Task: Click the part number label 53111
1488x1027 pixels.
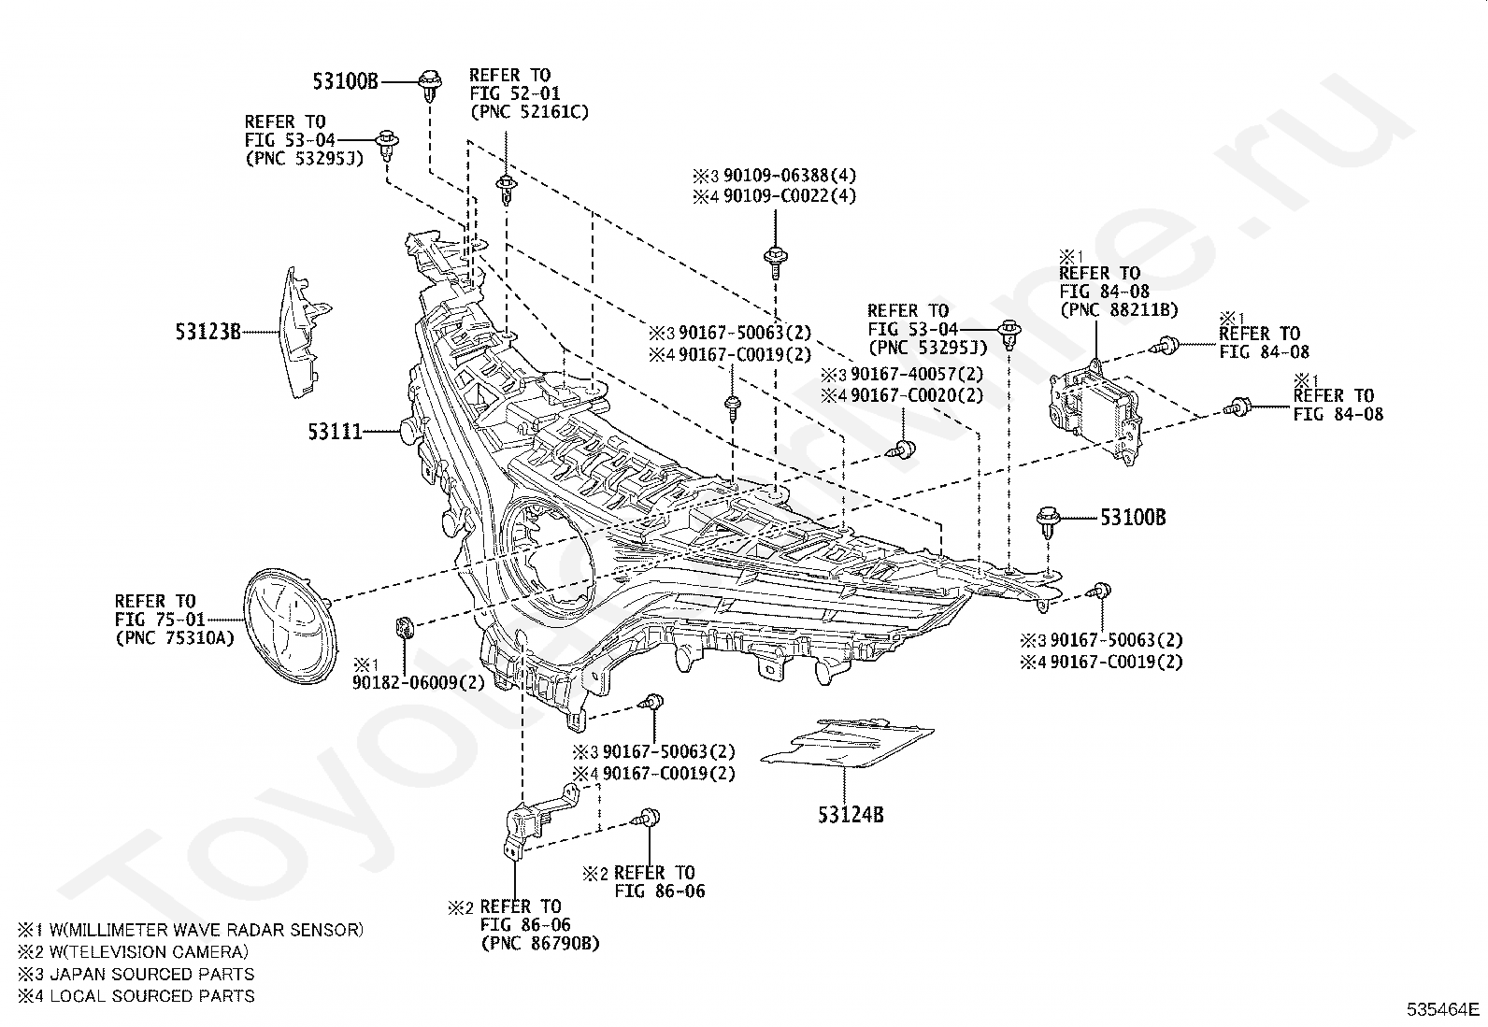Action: coord(335,433)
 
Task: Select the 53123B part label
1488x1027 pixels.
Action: coord(207,332)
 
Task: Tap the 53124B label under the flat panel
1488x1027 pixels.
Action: coord(851,815)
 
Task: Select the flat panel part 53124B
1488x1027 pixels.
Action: coord(848,743)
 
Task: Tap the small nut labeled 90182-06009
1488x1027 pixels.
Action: coord(405,626)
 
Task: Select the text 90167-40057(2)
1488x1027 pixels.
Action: coord(917,374)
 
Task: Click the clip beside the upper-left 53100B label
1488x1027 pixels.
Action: coord(431,85)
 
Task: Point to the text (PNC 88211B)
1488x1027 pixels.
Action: coord(1120,309)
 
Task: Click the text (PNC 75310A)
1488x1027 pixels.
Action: coord(175,638)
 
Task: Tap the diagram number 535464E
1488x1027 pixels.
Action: coord(1443,1009)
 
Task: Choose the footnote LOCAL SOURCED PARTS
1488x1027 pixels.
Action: coord(152,996)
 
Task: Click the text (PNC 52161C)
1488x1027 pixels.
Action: coord(529,111)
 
